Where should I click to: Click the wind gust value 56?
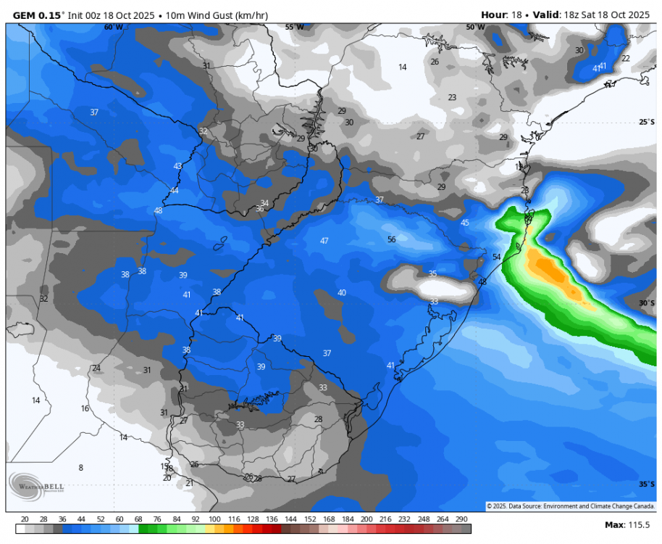pos(391,239)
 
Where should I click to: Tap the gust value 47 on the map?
pos(324,241)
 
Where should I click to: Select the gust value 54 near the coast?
pos(497,257)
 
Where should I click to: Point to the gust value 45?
pos(465,223)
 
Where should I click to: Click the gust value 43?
pos(178,166)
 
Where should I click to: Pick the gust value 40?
pos(342,293)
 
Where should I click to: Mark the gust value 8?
pos(81,468)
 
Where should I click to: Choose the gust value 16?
pos(85,409)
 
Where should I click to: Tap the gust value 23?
pos(452,97)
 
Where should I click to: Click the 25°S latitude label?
pos(647,122)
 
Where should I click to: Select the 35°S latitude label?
pos(647,484)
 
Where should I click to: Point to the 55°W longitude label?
pos(294,27)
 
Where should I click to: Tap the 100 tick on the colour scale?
pos(215,519)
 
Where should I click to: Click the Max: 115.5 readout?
pos(627,524)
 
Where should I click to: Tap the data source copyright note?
pos(571,506)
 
